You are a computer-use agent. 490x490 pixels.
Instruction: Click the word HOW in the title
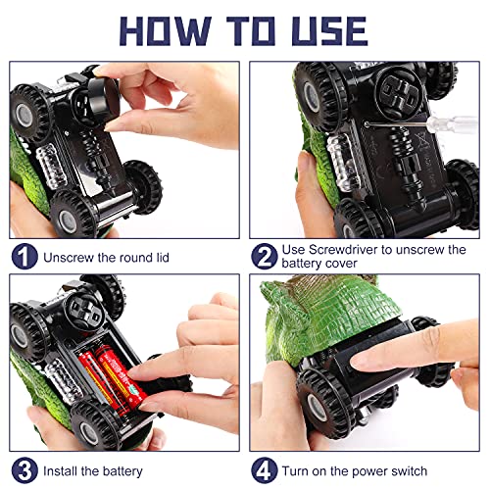166,30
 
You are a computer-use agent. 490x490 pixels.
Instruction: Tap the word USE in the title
330,30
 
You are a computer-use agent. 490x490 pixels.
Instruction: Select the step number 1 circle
24,257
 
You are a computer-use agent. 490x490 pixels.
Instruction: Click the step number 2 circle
265,257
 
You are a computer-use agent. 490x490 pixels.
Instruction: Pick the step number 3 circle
24,470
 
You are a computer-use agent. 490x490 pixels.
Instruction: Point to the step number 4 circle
265,470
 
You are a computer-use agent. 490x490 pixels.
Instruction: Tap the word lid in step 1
163,258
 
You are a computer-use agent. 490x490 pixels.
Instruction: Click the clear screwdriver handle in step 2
453,124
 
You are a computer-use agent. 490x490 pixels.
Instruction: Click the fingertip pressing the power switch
361,362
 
